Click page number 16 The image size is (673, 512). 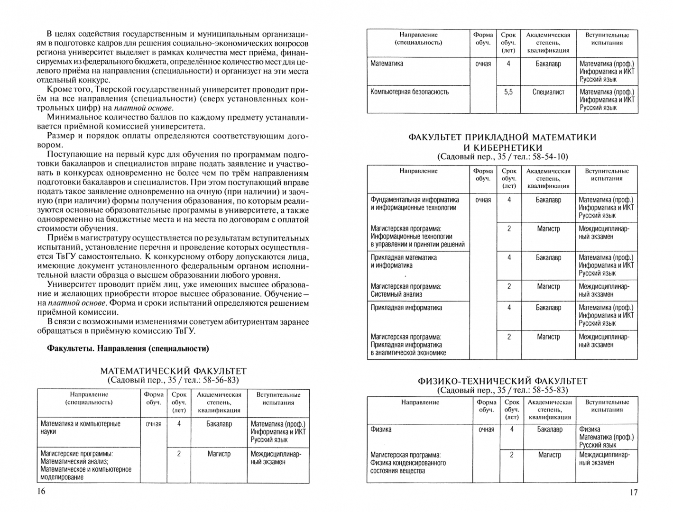[x=41, y=491]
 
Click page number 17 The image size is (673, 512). [x=634, y=492]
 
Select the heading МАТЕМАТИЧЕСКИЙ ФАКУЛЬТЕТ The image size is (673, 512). [x=174, y=371]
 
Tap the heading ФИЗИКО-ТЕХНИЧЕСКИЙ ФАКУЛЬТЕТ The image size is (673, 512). [x=502, y=381]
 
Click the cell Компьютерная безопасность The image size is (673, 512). [x=409, y=92]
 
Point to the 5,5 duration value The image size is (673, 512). [x=508, y=92]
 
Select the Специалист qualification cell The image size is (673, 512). [x=548, y=92]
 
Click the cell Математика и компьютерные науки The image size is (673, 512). [x=81, y=428]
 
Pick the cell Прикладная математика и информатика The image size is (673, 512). [x=404, y=262]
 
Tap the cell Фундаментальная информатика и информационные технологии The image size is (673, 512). [x=415, y=204]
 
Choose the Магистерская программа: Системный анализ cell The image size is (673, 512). [x=406, y=290]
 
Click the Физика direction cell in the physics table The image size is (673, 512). [x=381, y=430]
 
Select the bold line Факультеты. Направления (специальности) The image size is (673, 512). [x=128, y=348]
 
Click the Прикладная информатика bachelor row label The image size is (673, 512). [x=406, y=308]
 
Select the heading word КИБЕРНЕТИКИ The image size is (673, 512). [x=502, y=147]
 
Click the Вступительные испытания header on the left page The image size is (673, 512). [x=278, y=398]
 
